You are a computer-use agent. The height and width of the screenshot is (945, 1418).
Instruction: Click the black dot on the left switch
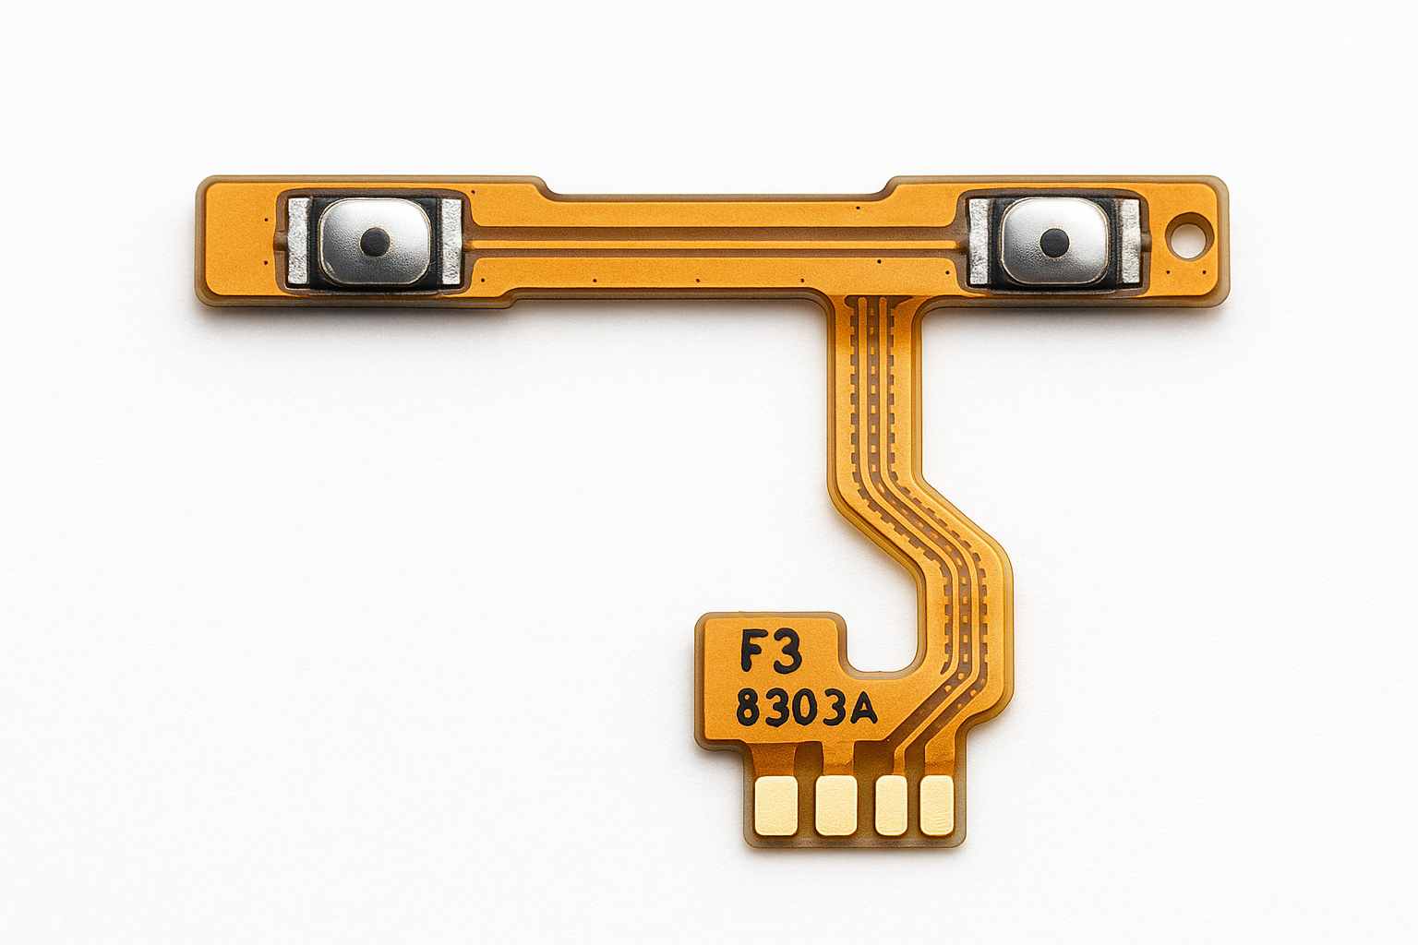(x=372, y=242)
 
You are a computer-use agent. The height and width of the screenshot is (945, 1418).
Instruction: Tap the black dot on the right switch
(x=1049, y=243)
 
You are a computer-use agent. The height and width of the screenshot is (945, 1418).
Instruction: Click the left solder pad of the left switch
(x=297, y=242)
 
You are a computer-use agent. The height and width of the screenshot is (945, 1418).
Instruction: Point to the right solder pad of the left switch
(x=451, y=241)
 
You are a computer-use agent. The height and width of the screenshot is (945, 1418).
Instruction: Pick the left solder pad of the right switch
(x=979, y=242)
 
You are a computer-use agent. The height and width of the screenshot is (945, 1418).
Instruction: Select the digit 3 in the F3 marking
(x=787, y=652)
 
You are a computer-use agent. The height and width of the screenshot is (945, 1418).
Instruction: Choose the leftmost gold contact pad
(x=777, y=805)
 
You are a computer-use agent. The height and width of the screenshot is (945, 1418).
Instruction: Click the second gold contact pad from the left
(x=836, y=805)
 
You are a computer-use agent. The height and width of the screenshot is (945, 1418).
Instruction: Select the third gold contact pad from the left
(x=891, y=805)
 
